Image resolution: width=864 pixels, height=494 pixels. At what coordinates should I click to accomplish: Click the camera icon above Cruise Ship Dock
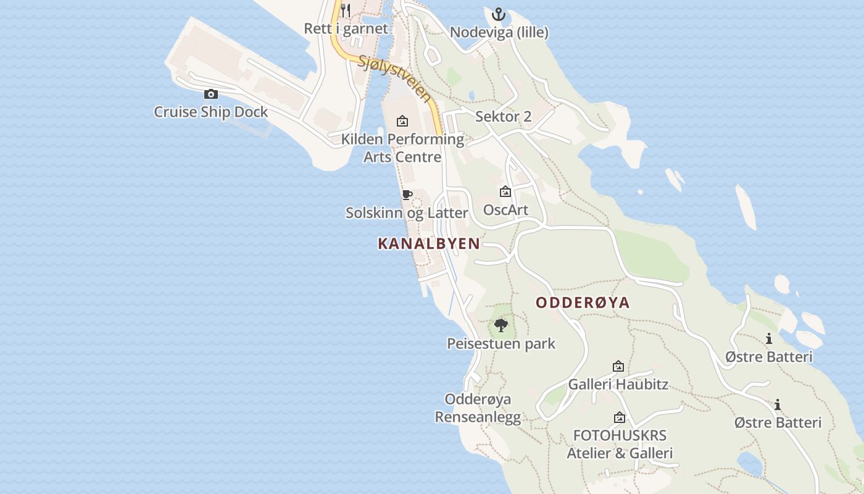[x=211, y=94]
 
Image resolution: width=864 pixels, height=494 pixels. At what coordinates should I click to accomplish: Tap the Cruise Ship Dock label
[x=211, y=112]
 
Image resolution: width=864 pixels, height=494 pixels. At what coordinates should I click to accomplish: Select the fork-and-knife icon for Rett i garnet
[x=346, y=10]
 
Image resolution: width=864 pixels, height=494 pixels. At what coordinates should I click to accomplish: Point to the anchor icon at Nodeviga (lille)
[x=498, y=14]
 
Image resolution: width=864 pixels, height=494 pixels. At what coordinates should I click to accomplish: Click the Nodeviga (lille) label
[x=499, y=32]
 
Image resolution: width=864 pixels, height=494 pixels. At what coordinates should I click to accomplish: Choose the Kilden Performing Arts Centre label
[x=402, y=148]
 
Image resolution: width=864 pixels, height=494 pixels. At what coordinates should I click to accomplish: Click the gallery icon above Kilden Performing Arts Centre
[x=402, y=121]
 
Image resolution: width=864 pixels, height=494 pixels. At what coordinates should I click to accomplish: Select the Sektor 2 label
[x=503, y=117]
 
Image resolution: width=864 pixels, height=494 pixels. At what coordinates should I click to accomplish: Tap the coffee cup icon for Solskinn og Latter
[x=407, y=195]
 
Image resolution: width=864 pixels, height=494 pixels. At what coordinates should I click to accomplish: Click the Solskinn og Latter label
[x=407, y=213]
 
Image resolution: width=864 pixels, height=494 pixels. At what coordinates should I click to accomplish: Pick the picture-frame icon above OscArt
[x=505, y=192]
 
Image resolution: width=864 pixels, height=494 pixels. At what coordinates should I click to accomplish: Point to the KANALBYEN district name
[x=429, y=244]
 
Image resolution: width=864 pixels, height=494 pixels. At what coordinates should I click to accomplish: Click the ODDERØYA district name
[x=583, y=303]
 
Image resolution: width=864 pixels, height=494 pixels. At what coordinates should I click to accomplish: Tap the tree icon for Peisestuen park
[x=501, y=325]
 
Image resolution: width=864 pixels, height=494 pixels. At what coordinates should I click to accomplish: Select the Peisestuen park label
[x=501, y=343]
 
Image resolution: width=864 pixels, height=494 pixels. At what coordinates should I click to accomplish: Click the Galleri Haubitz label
[x=618, y=384]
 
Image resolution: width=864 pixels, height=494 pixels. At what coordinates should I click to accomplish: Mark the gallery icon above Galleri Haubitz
[x=618, y=366]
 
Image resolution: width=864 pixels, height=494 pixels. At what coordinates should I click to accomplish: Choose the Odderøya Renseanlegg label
[x=478, y=408]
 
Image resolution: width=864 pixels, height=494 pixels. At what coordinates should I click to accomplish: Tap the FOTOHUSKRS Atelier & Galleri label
[x=620, y=444]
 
